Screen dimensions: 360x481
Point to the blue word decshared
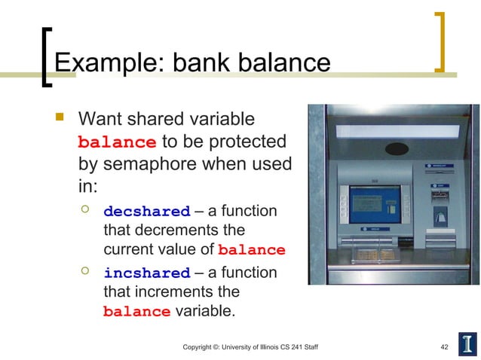pyautogui.click(x=146, y=212)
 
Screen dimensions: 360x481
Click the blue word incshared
pyautogui.click(x=146, y=273)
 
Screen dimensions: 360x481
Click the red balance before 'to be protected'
pyautogui.click(x=118, y=142)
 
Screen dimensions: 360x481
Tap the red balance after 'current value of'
pyautogui.click(x=251, y=250)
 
